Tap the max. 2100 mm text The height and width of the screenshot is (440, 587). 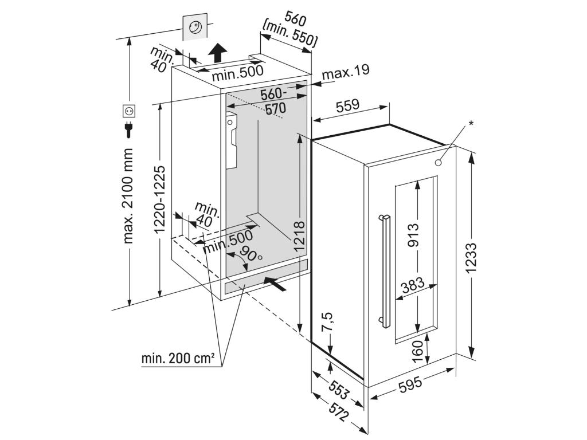click(128, 195)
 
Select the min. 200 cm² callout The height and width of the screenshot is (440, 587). click(178, 359)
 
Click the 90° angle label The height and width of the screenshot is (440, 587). click(250, 254)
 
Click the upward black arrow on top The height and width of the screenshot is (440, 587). click(217, 54)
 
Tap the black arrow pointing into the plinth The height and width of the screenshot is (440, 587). click(275, 282)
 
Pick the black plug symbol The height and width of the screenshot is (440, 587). click(128, 129)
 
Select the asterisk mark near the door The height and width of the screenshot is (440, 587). click(471, 123)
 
